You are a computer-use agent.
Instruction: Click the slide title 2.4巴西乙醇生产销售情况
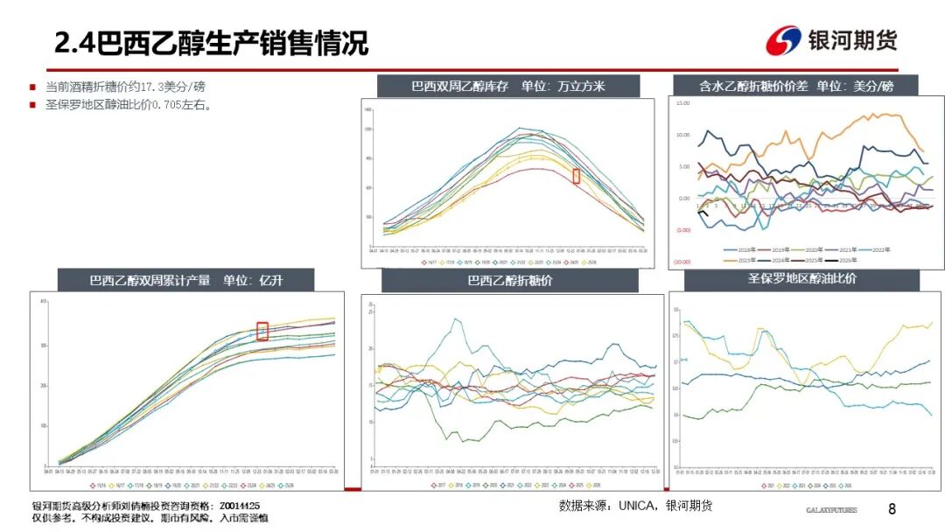pos(211,42)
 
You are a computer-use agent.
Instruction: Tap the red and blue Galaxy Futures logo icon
pos(783,40)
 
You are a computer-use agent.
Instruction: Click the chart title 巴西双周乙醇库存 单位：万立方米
pos(507,86)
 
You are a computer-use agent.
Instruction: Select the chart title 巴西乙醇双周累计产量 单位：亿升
pos(187,281)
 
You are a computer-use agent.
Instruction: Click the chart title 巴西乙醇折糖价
pos(509,281)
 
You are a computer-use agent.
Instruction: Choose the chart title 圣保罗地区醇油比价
pos(801,279)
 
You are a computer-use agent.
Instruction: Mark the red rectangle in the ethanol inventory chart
pos(576,176)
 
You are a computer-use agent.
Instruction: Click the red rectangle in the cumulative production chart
pos(262,331)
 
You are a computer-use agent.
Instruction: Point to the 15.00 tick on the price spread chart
pos(682,103)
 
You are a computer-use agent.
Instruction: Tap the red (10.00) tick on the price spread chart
pos(682,262)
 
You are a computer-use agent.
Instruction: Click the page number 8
pos(892,509)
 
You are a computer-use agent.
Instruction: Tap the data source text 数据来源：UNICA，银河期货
pos(635,506)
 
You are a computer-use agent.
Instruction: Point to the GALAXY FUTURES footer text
pos(831,510)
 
